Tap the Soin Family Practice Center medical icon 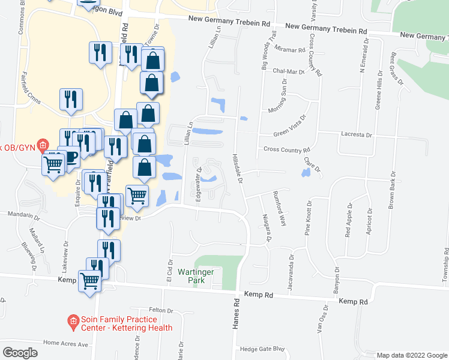click(73, 322)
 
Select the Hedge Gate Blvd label click(261, 349)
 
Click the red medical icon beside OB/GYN click(43, 145)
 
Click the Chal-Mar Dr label click(287, 71)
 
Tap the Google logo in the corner click(20, 353)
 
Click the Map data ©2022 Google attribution click(411, 355)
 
